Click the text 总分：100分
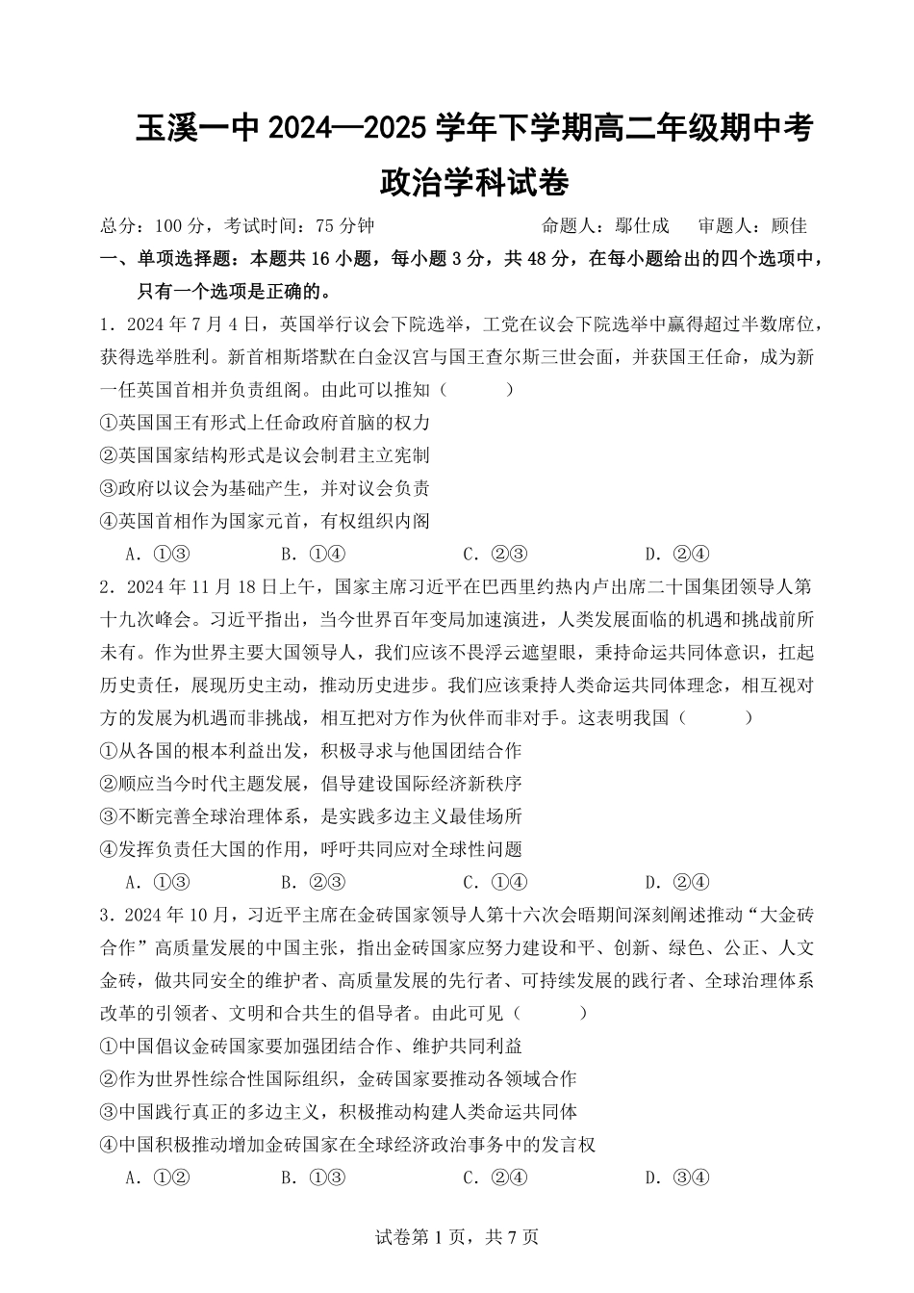click(152, 226)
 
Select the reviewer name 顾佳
click(789, 226)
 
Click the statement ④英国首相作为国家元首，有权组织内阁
click(265, 521)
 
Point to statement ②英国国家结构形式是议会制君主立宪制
click(265, 455)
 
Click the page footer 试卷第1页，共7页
click(456, 1237)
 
